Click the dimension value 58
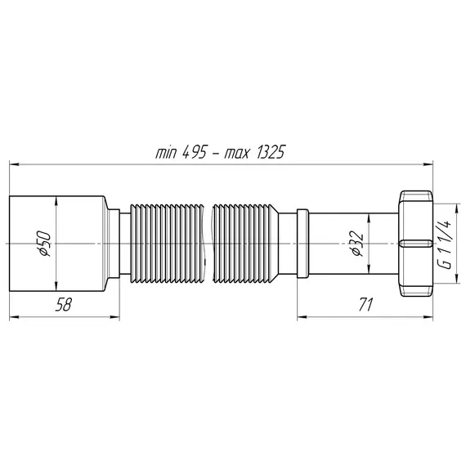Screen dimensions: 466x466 point(63,304)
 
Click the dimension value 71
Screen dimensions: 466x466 point(365,304)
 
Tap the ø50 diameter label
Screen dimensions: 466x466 point(45,244)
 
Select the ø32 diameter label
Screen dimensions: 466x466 point(357,244)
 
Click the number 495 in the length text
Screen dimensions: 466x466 point(194,152)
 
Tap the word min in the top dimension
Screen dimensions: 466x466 point(167,153)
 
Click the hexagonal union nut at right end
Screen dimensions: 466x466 point(416,244)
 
